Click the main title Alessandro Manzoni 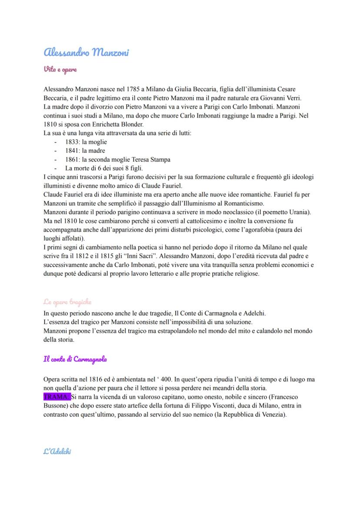87,53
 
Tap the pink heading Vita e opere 60,69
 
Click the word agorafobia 269,229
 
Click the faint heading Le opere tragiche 67,302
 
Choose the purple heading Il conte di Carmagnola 75,359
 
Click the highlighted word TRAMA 56,397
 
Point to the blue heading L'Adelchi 57,451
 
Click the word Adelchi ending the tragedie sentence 254,313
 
